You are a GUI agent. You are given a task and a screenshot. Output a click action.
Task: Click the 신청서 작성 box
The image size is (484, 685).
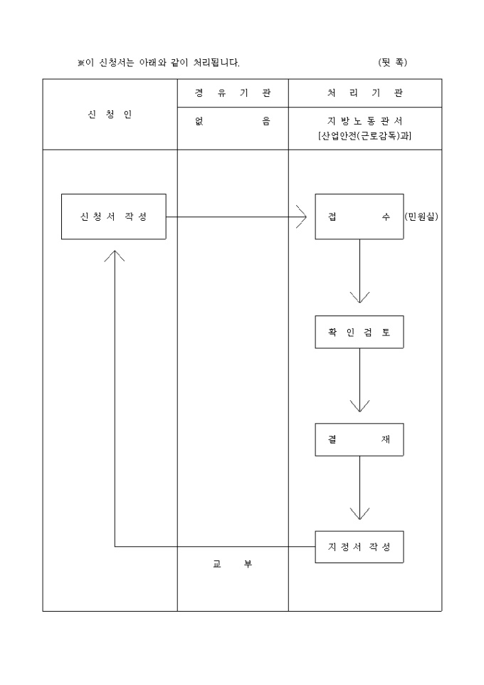(113, 216)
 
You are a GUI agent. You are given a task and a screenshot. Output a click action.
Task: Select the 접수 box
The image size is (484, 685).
(359, 216)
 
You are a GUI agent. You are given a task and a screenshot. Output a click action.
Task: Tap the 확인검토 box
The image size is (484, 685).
(359, 332)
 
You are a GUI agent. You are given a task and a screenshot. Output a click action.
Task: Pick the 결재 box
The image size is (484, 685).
(359, 439)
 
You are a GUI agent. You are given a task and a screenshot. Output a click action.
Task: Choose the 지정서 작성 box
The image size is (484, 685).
(359, 547)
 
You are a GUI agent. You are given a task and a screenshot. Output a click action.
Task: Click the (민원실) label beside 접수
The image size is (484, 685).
(421, 216)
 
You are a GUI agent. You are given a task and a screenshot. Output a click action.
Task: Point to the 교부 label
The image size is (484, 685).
(232, 564)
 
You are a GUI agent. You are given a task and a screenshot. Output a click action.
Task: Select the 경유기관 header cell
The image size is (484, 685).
(232, 93)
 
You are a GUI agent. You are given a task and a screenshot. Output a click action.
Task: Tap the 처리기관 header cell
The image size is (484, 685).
(364, 93)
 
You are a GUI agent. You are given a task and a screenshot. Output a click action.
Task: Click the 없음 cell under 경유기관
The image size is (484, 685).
(232, 122)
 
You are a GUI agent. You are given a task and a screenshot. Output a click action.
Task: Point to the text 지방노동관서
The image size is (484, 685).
(364, 122)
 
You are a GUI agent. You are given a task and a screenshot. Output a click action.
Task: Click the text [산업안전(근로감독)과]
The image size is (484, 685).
(364, 136)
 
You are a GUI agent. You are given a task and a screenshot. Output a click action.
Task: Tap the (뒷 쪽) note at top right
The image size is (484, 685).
(393, 63)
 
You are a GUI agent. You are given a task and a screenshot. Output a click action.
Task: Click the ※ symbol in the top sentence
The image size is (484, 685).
(81, 63)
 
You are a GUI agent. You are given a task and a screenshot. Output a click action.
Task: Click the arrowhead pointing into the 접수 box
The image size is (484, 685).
(302, 216)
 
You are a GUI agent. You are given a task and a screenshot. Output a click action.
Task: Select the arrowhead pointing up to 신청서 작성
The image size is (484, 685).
(115, 255)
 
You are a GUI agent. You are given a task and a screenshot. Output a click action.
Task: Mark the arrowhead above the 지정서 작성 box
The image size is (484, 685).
(359, 513)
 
